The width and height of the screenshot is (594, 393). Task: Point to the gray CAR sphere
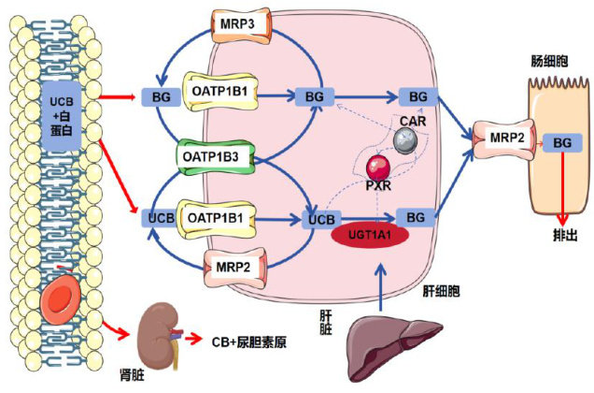coord(404,139)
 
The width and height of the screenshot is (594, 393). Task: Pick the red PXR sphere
coord(376,169)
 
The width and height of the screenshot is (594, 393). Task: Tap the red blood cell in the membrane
coord(63,301)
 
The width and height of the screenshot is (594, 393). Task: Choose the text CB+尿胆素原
coord(246,342)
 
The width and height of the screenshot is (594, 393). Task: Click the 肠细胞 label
coord(549,57)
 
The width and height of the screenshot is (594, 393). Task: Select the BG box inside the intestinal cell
coord(562,142)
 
